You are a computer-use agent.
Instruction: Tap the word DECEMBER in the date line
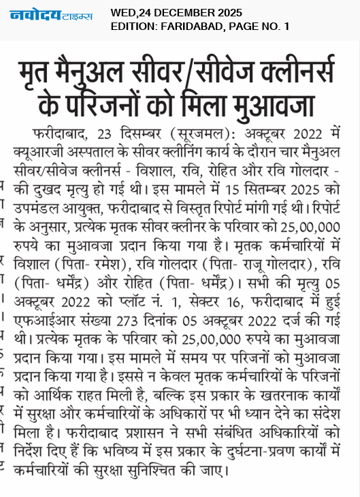[177, 12]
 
